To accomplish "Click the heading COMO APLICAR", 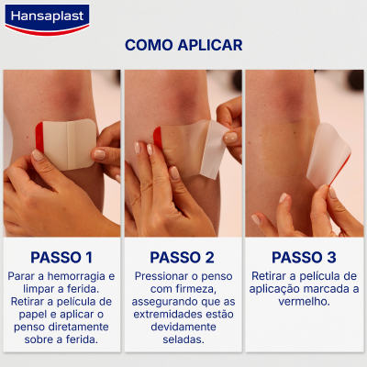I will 183,45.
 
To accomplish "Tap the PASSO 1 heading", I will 61,257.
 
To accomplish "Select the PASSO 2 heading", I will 182,257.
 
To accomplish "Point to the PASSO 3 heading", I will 304,257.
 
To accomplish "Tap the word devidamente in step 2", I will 182,327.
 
